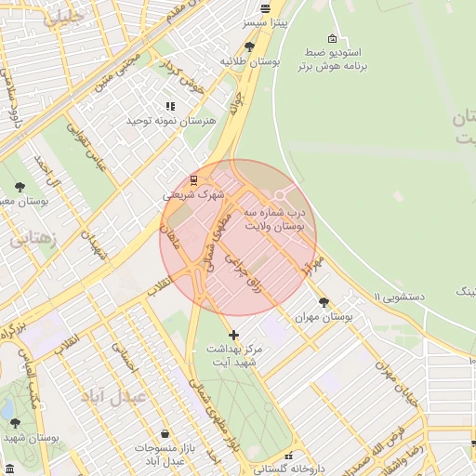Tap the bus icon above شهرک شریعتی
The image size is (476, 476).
(x=193, y=180)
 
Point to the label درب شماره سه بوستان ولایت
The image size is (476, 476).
(x=274, y=218)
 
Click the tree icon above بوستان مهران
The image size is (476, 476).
(x=324, y=302)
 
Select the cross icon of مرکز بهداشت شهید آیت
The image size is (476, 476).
(x=232, y=334)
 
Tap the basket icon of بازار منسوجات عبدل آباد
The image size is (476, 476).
(x=165, y=434)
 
